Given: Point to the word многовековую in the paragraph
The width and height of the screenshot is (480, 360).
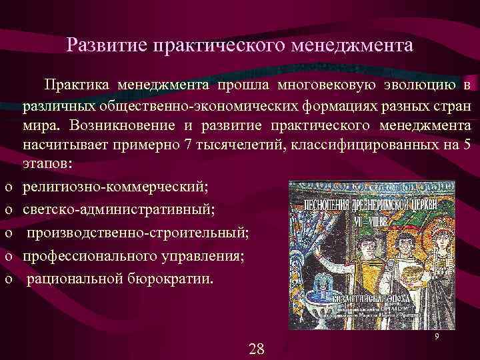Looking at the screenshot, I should [325, 85].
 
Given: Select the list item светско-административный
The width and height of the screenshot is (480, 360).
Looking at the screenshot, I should [118, 210].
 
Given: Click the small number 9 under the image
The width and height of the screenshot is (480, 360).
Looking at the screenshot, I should [435, 338].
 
